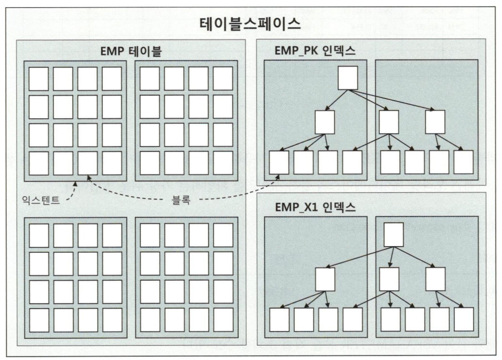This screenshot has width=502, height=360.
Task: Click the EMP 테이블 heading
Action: pyautogui.click(x=131, y=51)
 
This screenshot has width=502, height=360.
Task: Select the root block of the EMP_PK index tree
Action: pyautogui.click(x=347, y=77)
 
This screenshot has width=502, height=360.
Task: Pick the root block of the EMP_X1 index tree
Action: pyautogui.click(x=393, y=235)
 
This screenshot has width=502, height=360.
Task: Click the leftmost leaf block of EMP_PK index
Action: pyautogui.click(x=279, y=163)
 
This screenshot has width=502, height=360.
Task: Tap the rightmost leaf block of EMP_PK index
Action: pyautogui.click(x=464, y=163)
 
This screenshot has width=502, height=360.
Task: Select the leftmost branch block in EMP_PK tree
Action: pyautogui.click(x=325, y=122)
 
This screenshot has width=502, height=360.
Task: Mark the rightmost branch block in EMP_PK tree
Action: pyautogui.click(x=435, y=122)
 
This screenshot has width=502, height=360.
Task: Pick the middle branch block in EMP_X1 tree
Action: pyautogui.click(x=389, y=278)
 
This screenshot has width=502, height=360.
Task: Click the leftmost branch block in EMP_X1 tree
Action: pyautogui.click(x=325, y=278)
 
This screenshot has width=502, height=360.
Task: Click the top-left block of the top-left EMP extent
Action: pyautogui.click(x=38, y=79)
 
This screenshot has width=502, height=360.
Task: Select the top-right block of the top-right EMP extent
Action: pyautogui.click(x=223, y=79)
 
